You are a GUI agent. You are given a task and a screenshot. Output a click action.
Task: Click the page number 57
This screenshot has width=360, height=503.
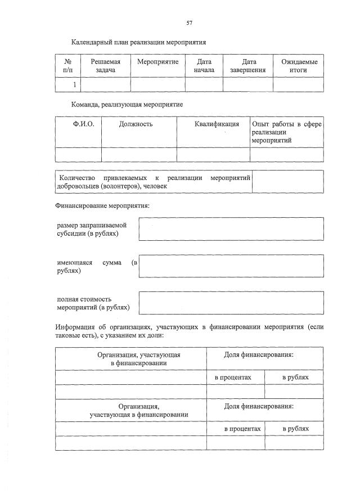point(190,23)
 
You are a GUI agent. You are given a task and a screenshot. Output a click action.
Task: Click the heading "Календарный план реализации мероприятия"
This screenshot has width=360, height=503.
point(138,42)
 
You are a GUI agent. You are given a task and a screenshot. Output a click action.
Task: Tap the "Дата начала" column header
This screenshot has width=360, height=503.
point(204,65)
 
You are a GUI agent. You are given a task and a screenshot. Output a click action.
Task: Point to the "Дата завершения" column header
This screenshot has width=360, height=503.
point(247,65)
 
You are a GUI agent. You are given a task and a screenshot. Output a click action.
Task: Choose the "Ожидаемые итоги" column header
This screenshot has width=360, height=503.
point(298,65)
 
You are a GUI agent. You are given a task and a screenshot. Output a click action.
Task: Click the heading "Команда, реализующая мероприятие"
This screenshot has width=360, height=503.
point(127,105)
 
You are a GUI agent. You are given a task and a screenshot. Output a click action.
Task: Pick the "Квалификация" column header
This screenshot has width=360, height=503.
point(213,124)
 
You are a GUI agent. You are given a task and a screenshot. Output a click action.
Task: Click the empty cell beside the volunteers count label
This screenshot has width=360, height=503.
point(287,181)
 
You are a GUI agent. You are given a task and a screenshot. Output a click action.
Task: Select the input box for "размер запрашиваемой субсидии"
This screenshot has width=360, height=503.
point(231,228)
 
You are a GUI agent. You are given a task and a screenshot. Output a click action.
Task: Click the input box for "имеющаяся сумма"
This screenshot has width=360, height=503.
point(231,266)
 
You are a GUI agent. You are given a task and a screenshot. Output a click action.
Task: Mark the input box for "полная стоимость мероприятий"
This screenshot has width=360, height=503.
point(231,303)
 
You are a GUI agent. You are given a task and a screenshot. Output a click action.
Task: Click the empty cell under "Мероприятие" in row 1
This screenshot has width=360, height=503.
point(157,84)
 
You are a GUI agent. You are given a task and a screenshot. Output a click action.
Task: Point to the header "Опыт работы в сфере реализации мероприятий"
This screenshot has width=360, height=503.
point(286,132)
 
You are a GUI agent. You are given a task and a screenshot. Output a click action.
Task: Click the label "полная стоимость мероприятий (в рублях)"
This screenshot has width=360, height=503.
point(93,303)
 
